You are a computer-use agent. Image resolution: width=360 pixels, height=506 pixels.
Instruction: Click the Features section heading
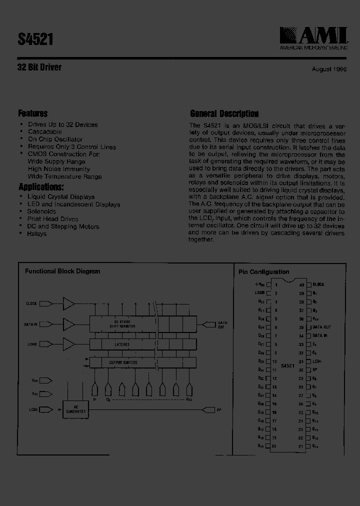tap(33, 113)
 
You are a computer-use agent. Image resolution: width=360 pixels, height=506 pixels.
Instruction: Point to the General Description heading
tap(224, 113)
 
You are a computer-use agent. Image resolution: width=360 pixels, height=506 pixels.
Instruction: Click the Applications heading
tap(41, 187)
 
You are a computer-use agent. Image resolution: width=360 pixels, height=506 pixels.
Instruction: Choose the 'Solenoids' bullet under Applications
tap(41, 211)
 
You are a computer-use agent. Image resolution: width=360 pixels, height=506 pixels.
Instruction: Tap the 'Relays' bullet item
tap(37, 233)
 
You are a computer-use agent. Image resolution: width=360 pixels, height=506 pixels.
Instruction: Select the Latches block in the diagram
tap(121, 344)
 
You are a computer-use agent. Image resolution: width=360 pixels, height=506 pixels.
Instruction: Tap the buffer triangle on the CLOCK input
tap(68, 303)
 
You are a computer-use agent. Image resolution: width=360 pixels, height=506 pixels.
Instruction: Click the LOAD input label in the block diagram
tap(31, 344)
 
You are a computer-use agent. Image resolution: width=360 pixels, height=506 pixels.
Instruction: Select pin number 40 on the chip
tap(301, 284)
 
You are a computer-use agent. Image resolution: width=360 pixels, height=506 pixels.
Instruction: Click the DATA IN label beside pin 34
tap(320, 335)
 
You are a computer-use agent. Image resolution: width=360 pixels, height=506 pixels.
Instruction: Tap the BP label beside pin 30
tap(315, 370)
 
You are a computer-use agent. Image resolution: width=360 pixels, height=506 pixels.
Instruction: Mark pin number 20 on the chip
tap(274, 445)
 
